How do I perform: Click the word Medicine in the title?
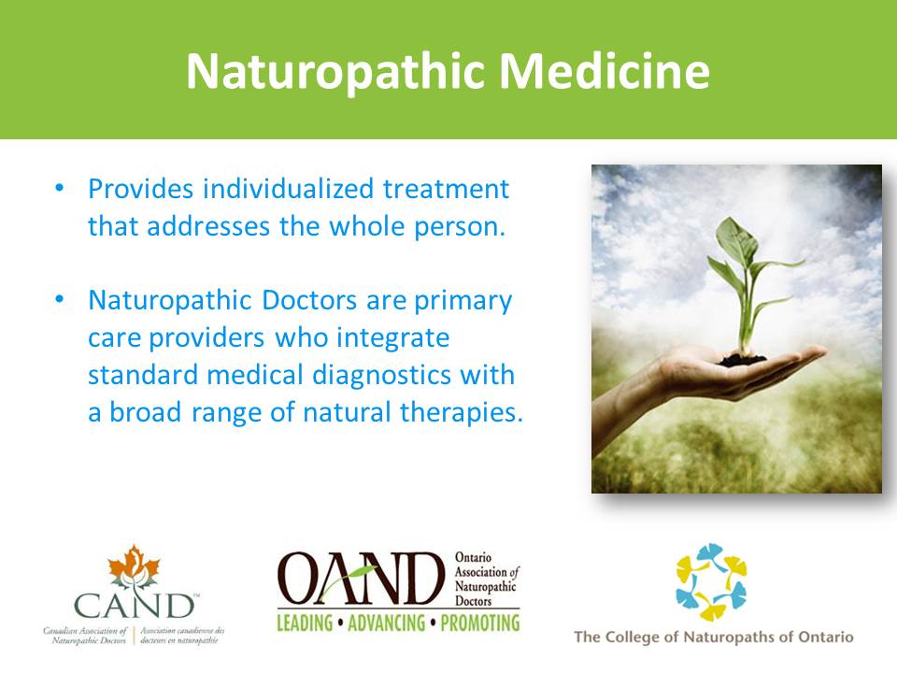[x=605, y=71]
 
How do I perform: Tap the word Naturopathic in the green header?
[x=335, y=72]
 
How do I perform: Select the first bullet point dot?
[x=60, y=188]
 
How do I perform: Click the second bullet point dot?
[x=60, y=299]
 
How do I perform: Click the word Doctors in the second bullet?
[x=309, y=300]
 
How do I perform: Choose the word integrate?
[x=393, y=338]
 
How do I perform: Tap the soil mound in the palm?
[x=742, y=360]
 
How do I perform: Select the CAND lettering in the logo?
[x=134, y=605]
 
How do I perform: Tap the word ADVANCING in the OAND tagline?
[x=386, y=623]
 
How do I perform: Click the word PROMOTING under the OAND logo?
[x=480, y=623]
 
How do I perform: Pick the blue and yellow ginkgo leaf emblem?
[x=711, y=582]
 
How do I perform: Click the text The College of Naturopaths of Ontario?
[x=713, y=637]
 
